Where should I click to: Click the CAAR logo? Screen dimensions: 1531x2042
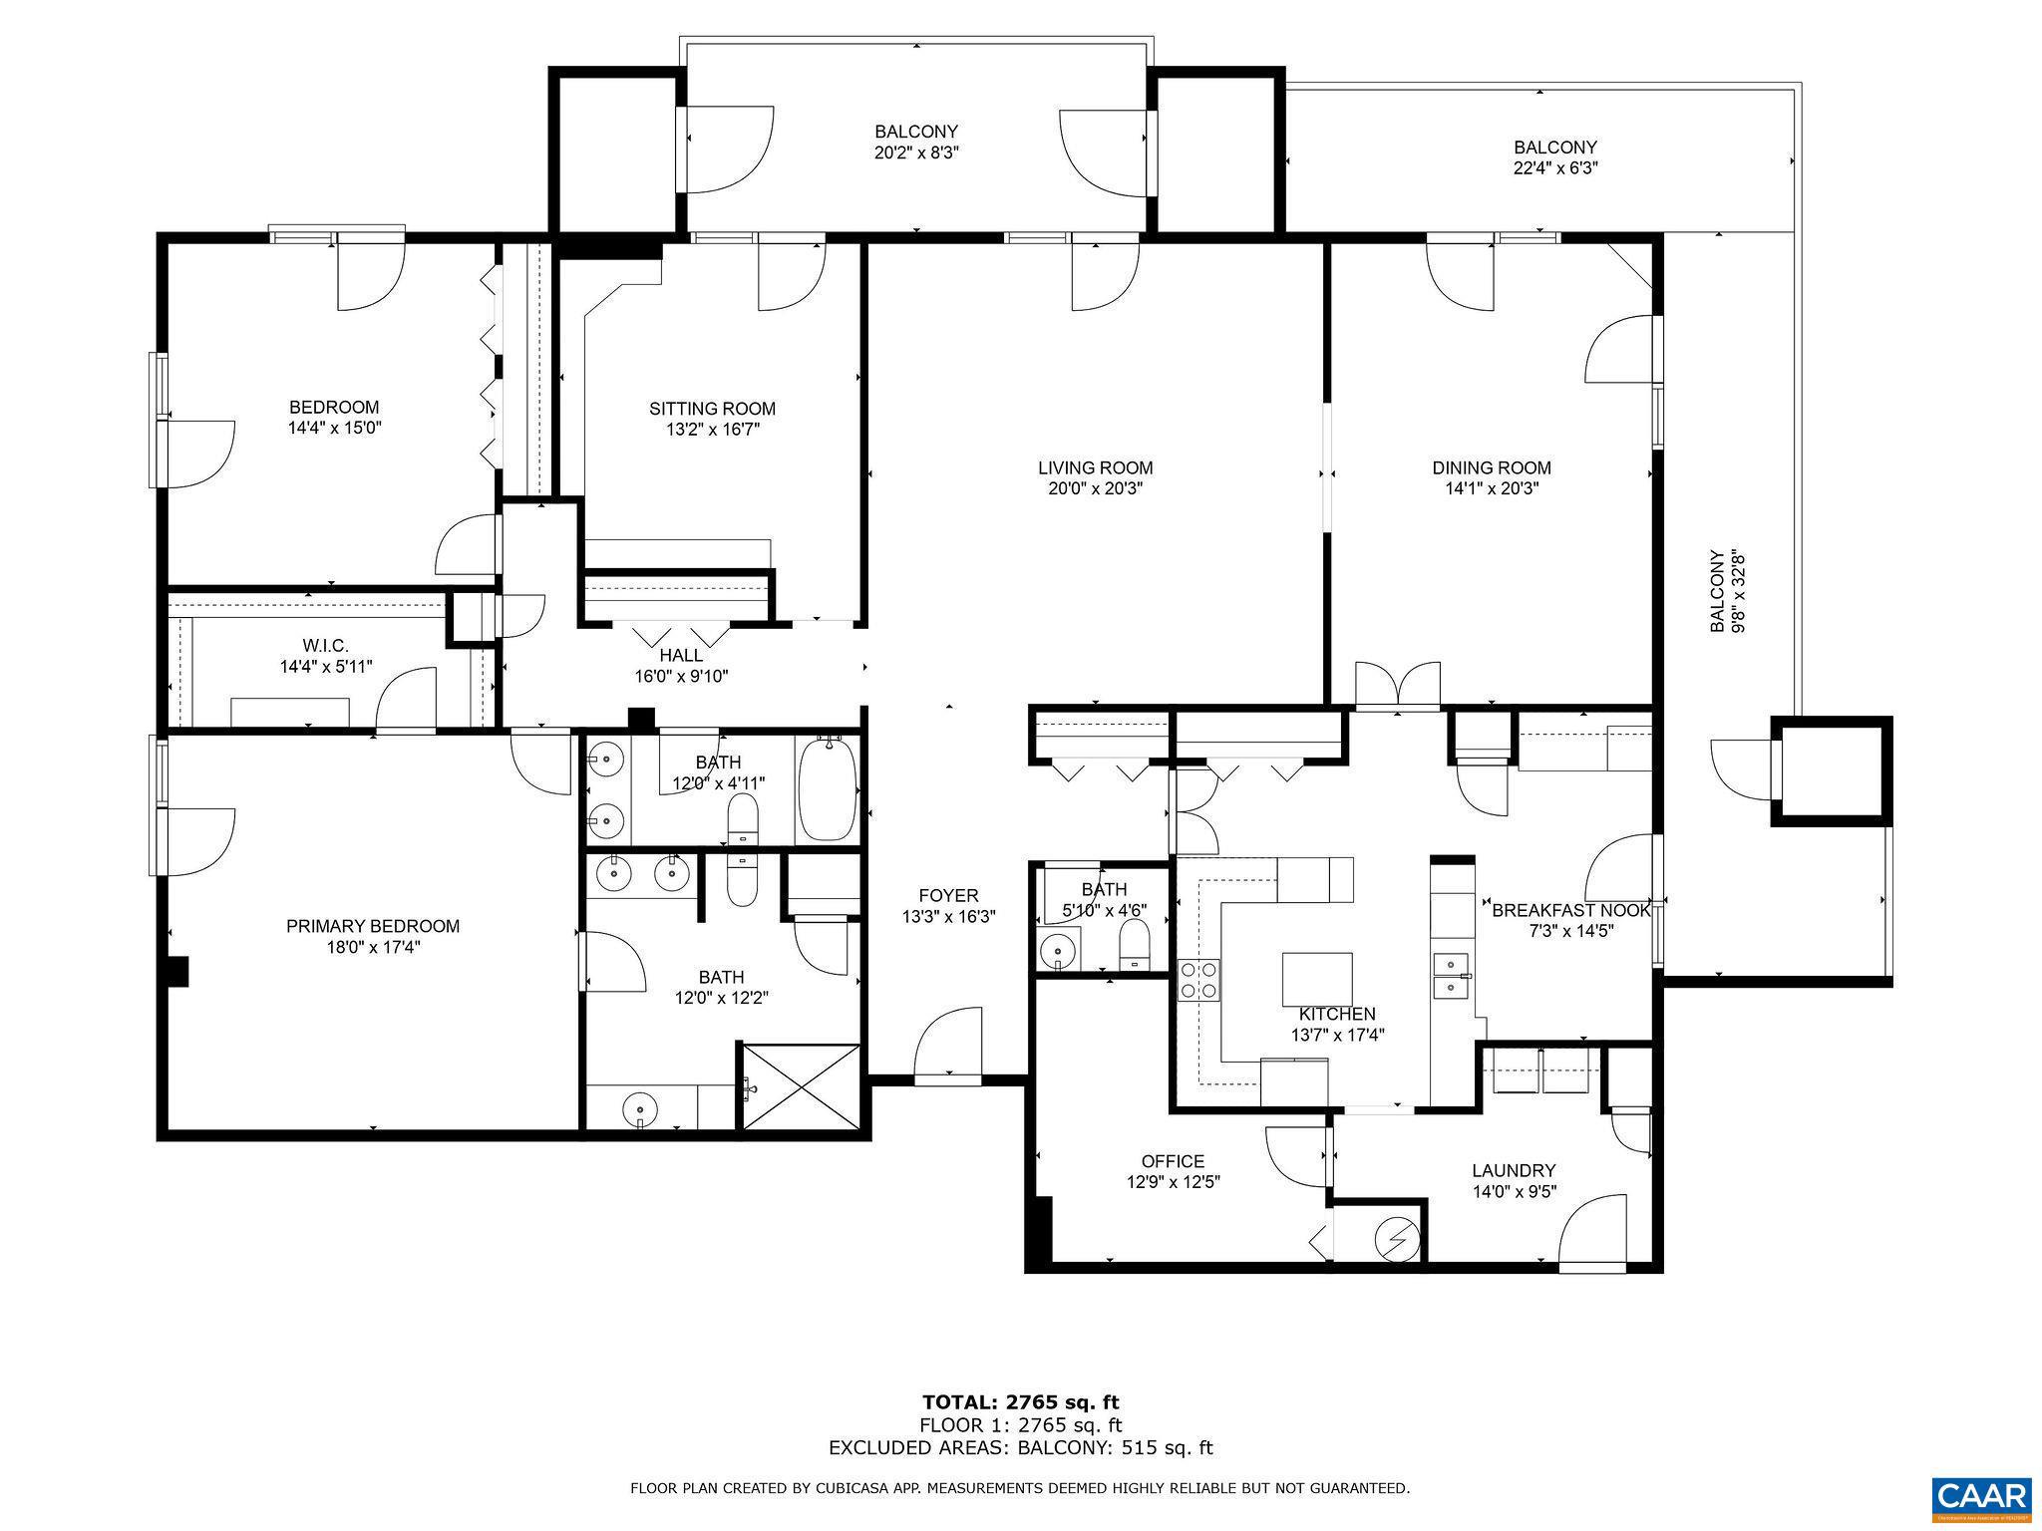1982,1499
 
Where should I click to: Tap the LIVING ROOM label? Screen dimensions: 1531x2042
1095,467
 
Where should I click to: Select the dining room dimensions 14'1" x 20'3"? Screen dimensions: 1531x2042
1492,489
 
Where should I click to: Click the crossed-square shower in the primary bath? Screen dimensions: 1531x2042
801,1085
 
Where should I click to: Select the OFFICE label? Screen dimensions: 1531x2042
1173,1161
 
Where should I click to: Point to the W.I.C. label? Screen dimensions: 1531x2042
326,645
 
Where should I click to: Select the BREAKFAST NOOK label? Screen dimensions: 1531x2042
1570,910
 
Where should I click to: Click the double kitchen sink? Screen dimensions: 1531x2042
1451,975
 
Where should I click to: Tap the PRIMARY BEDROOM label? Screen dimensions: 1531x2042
373,926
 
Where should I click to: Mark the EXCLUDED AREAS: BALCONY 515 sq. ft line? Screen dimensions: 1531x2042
1020,1448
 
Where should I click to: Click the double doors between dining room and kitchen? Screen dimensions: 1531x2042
1397,688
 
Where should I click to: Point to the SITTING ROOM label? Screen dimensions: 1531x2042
712,409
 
